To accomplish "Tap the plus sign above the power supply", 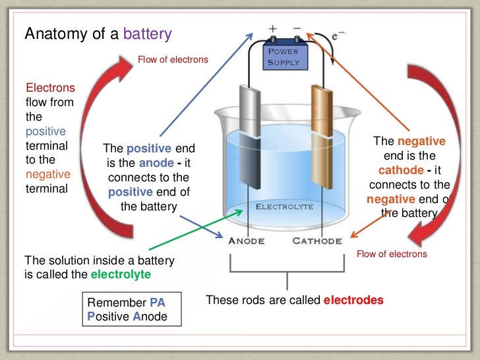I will [273, 30].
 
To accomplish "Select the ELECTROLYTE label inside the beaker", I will [284, 206].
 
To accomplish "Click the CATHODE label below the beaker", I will [317, 241].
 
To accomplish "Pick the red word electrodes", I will [353, 300].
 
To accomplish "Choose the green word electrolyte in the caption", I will [121, 274].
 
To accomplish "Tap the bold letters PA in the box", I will [157, 303].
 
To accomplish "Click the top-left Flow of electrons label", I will [173, 60].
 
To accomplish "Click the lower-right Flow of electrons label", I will [392, 254].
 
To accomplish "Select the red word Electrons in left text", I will [50, 88].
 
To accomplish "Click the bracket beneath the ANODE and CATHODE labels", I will [286, 269].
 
